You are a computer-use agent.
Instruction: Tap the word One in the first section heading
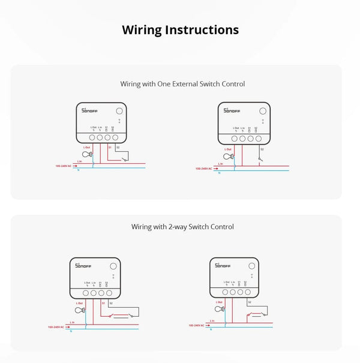(164, 84)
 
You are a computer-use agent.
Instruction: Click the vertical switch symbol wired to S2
(259, 159)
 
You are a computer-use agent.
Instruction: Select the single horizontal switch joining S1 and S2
(123, 159)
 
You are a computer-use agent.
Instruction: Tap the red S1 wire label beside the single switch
(110, 147)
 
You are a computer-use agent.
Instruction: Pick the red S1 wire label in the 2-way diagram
(103, 304)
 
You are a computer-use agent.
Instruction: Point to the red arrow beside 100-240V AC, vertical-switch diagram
(214, 169)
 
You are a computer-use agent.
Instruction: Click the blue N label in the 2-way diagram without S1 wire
(212, 331)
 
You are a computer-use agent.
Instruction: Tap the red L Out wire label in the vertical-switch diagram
(228, 149)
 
